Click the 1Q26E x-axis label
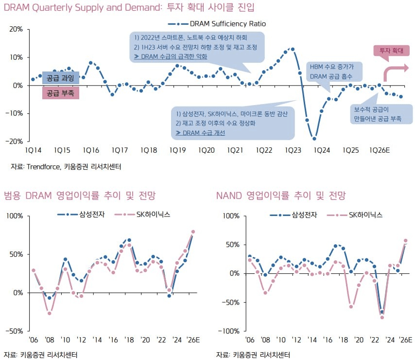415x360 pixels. [x=380, y=151]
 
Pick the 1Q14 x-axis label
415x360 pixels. [x=33, y=151]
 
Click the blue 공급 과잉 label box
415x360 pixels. [x=60, y=78]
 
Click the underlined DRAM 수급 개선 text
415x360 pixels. [x=200, y=132]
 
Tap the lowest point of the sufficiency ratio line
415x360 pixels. [x=314, y=139]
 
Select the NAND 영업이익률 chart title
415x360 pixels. [x=281, y=196]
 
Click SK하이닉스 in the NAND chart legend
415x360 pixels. [x=365, y=215]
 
